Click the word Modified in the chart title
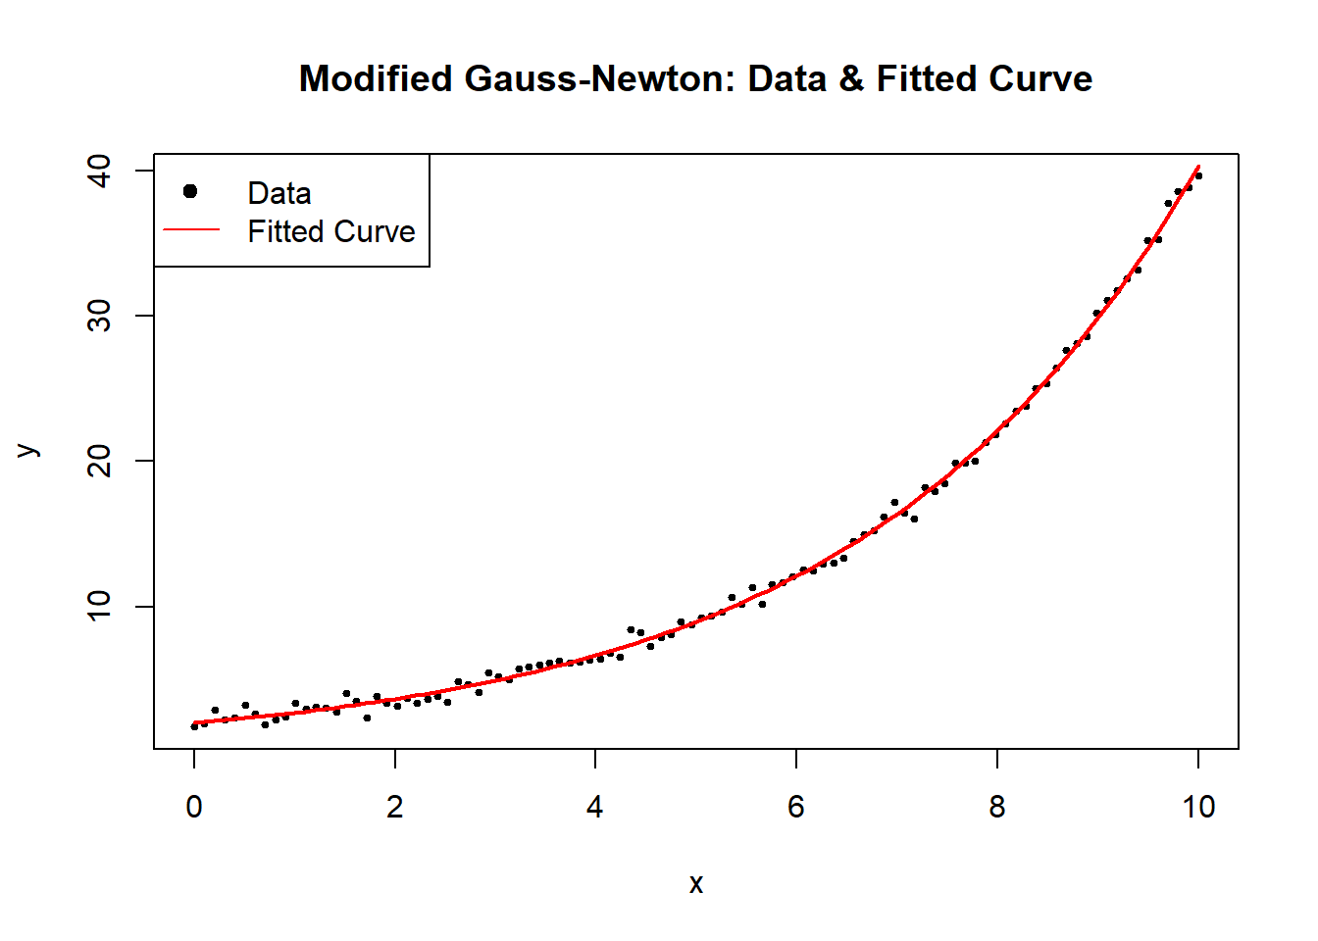pos(376,78)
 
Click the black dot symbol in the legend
pos(190,191)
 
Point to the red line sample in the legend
pos(190,230)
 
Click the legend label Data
pos(279,193)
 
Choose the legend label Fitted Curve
pos(331,231)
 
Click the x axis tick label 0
pos(194,807)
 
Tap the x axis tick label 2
pos(395,807)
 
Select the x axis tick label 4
pos(595,807)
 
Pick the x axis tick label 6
pos(796,807)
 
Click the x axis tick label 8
pos(997,807)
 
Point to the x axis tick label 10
pos(1197,807)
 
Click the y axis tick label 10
pos(100,606)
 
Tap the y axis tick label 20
pos(100,461)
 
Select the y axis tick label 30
pos(100,316)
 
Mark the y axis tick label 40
pos(100,171)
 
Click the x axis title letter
pos(696,884)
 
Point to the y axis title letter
pos(28,451)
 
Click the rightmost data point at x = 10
pos(1198,175)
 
